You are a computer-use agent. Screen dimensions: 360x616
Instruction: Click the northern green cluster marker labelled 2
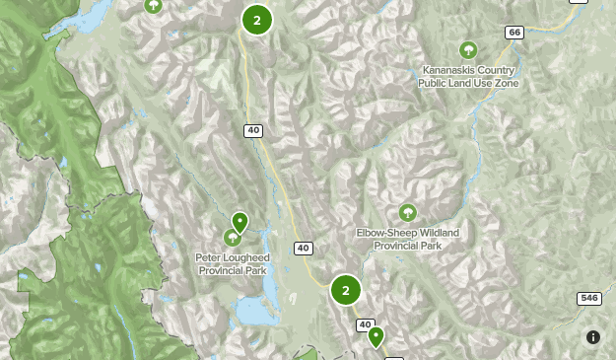click(x=256, y=19)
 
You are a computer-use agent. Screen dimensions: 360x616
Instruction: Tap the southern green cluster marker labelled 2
click(x=345, y=290)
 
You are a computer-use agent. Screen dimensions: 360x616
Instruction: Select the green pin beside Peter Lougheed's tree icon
click(x=240, y=222)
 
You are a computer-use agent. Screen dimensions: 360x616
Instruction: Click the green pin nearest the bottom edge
click(x=376, y=337)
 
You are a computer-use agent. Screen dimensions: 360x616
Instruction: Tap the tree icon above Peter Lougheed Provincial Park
click(x=233, y=238)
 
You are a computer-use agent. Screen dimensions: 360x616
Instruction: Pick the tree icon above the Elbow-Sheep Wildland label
click(x=407, y=213)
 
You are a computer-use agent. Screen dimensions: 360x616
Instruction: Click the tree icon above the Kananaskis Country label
click(x=468, y=50)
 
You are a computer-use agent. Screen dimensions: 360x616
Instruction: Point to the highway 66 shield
click(x=513, y=33)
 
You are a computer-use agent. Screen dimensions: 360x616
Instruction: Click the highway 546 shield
click(x=589, y=298)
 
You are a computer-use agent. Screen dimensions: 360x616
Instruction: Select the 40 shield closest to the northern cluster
click(x=253, y=130)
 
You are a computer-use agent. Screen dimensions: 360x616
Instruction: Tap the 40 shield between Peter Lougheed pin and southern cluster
click(x=303, y=248)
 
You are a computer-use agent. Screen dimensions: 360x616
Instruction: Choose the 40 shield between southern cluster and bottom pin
click(x=366, y=324)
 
